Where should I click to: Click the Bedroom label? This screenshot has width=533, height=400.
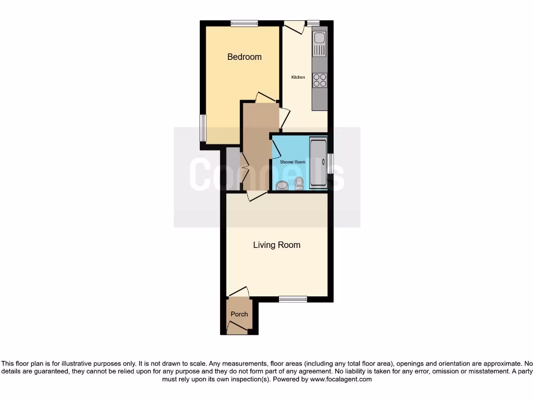244,57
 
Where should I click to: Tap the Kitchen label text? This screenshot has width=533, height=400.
298,78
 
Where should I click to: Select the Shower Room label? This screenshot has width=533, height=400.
293,162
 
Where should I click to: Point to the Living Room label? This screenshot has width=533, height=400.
276,245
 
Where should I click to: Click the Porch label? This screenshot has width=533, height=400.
239,314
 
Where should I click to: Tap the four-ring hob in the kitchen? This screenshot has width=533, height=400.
320,80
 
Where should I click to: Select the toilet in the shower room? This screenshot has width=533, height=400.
299,182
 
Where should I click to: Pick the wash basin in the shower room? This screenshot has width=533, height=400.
283,185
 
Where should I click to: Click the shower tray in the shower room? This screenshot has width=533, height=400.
318,162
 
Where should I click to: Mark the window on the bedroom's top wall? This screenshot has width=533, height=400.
244,23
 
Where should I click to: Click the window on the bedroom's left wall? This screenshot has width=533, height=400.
203,128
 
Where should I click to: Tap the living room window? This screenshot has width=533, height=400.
293,299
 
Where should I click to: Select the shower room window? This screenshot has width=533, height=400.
330,163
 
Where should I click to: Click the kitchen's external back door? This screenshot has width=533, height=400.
294,27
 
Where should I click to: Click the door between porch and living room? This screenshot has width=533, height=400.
238,292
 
